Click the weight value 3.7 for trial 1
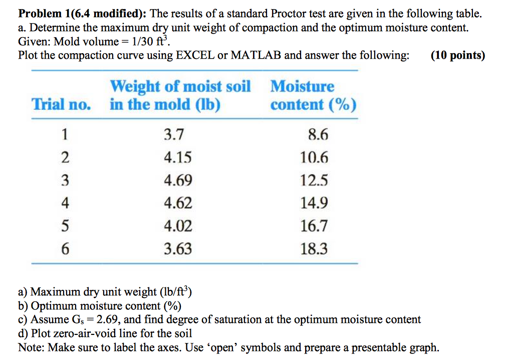(174, 135)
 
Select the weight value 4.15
(178, 158)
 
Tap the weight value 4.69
(178, 181)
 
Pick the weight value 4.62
(178, 203)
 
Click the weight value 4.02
(178, 226)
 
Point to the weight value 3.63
(178, 249)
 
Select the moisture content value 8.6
(318, 135)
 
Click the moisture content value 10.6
(314, 158)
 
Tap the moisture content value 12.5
(314, 181)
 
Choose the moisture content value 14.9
(314, 203)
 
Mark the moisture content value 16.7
(314, 226)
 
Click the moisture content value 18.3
(314, 249)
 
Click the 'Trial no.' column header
(61, 105)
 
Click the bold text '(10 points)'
(458, 55)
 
